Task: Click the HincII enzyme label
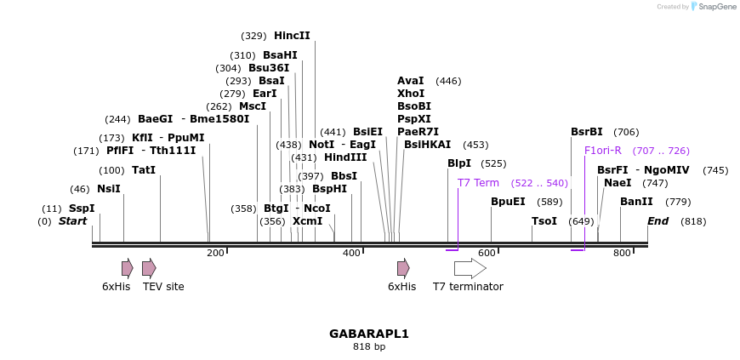pos(292,36)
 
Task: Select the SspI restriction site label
pos(82,209)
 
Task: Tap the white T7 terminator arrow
pos(470,269)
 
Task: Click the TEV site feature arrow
pos(149,269)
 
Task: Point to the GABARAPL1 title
pos(369,334)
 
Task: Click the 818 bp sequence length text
pos(369,347)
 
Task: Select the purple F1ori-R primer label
pos(603,151)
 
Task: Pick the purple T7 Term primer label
pos(478,183)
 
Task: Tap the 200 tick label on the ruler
pos(215,253)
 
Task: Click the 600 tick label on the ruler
pos(487,253)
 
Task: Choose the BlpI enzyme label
pos(459,163)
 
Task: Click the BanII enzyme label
pos(636,202)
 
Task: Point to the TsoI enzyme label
pos(544,221)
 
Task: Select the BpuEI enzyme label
pos(509,202)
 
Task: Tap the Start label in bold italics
pos(72,221)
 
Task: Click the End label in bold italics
pos(657,221)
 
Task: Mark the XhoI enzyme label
pos(411,94)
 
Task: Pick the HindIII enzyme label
pos(345,157)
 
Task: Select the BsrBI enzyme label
pos(587,132)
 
